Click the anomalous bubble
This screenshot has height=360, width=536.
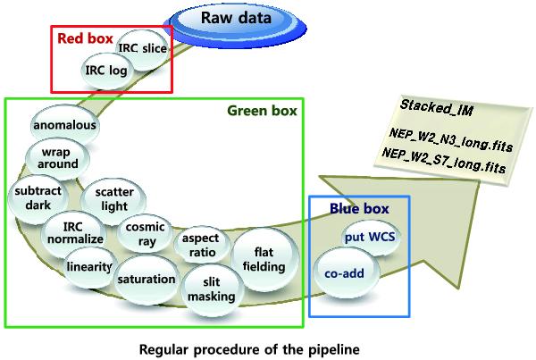point(64,126)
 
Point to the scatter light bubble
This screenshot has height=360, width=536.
point(108,199)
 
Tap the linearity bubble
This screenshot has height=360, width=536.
point(88,266)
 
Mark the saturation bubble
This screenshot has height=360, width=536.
point(146,279)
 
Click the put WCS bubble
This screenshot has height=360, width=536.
point(363,238)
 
